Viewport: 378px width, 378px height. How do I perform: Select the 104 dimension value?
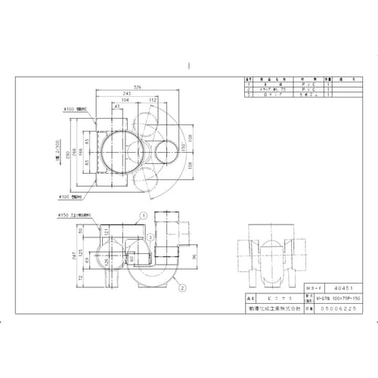click(x=123, y=100)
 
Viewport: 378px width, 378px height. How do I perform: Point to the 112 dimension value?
click(x=153, y=100)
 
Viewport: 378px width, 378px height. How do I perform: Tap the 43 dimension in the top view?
click(x=118, y=106)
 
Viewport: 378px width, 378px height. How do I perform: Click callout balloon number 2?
click(x=181, y=287)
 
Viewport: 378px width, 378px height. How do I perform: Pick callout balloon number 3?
click(x=150, y=237)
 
